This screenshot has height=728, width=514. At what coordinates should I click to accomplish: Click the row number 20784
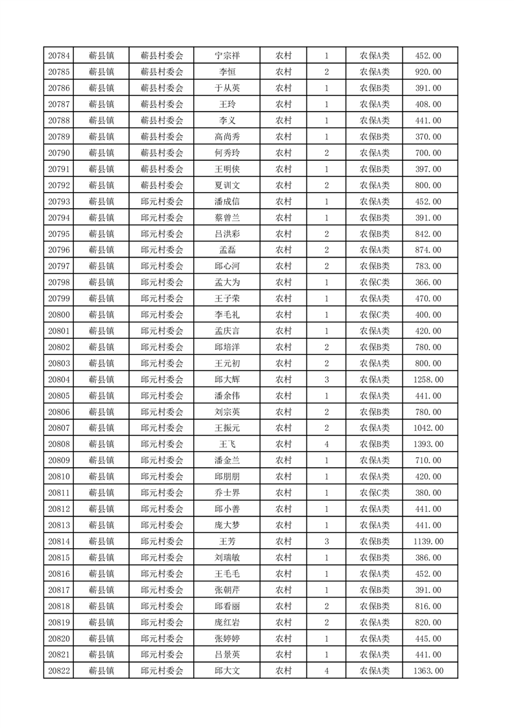(59, 56)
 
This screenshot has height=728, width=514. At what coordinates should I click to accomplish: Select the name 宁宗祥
(227, 56)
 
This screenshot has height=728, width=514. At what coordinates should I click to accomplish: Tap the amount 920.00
(428, 72)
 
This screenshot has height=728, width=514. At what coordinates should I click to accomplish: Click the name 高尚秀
(227, 137)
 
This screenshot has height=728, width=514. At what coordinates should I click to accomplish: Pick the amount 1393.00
(428, 444)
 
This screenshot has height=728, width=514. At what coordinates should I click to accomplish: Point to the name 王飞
(227, 444)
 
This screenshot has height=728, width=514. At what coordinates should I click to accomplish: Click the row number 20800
(59, 315)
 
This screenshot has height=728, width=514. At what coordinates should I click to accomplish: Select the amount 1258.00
(428, 380)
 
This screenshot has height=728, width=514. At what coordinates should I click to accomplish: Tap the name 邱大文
(227, 671)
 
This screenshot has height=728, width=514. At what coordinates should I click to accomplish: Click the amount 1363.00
(428, 671)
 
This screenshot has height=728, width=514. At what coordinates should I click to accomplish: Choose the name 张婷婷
(227, 638)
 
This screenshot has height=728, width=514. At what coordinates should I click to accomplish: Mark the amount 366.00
(428, 282)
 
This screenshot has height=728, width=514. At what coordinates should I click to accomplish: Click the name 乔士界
(227, 492)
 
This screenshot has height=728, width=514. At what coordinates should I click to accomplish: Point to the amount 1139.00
(428, 541)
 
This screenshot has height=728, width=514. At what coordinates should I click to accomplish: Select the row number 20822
(59, 671)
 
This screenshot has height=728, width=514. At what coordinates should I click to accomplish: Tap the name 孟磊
(227, 250)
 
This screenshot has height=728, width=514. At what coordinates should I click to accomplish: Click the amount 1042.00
(428, 428)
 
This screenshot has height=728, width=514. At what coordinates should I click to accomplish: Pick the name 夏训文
(227, 186)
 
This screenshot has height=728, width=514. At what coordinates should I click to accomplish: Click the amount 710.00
(428, 461)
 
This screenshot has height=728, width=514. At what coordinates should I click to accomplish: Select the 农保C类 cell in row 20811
(375, 492)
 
